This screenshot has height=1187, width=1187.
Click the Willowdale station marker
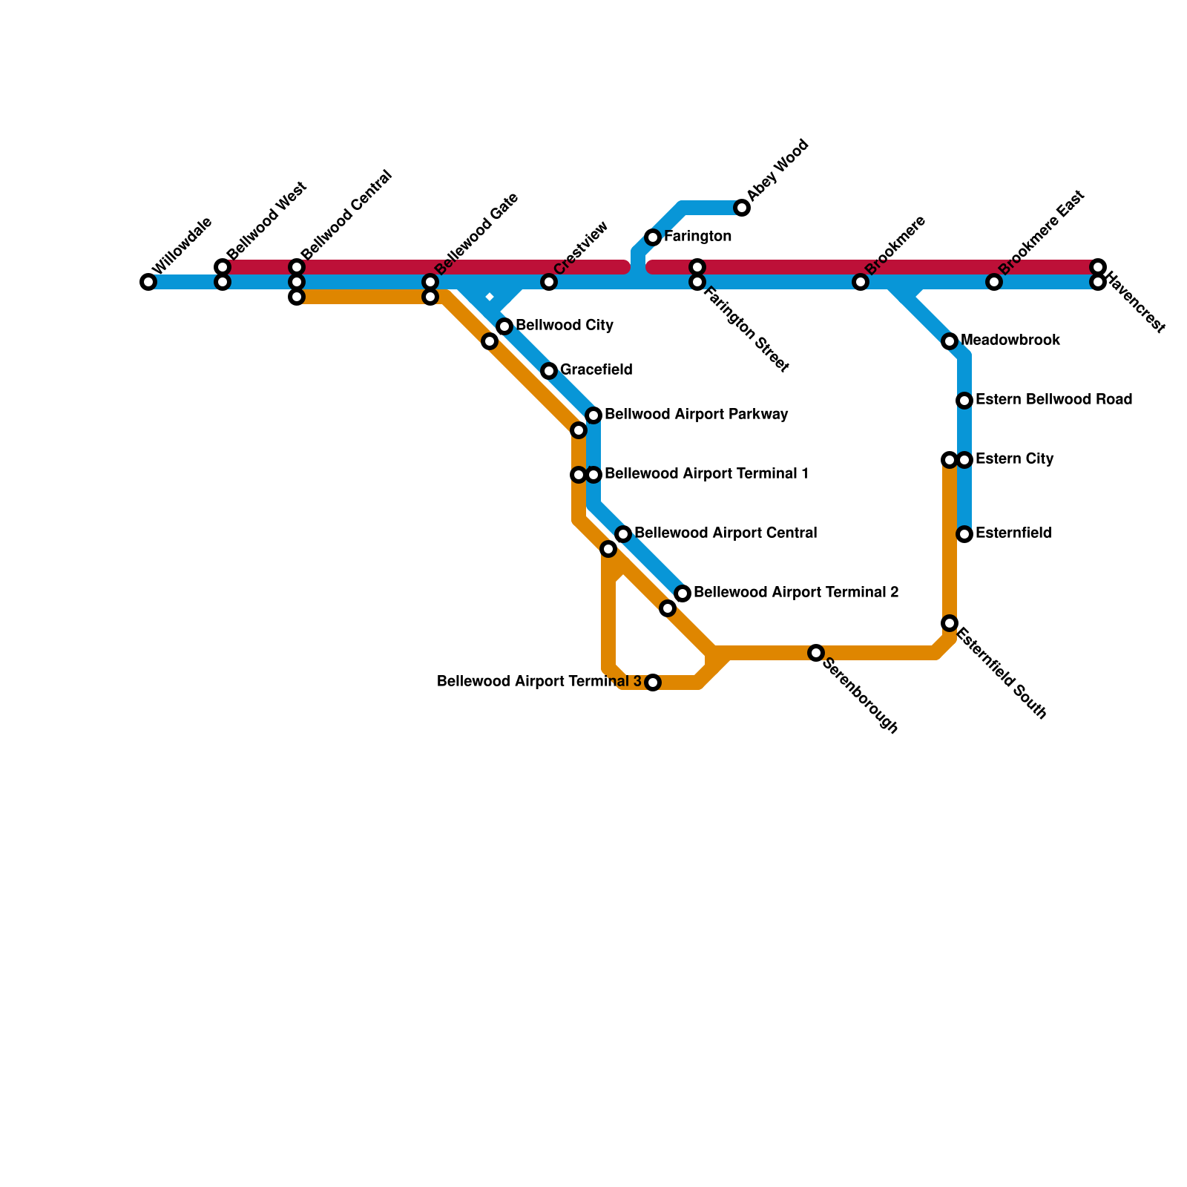(148, 282)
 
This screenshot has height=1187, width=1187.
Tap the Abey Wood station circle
(742, 208)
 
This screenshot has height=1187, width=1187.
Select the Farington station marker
(653, 237)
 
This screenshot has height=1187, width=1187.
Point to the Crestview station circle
(549, 282)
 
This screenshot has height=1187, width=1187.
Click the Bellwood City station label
(564, 326)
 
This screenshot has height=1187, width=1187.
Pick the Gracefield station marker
(549, 371)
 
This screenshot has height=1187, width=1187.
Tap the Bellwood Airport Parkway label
(696, 415)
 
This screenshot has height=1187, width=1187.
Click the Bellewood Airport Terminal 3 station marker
(653, 683)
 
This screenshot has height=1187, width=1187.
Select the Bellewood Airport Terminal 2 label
(796, 593)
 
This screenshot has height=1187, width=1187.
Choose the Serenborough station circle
(816, 653)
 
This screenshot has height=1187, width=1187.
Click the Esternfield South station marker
(950, 623)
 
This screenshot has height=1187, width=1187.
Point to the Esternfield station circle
(964, 534)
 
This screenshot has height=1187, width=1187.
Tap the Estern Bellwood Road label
(1053, 400)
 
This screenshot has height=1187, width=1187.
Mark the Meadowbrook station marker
(950, 341)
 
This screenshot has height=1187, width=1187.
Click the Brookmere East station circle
(994, 282)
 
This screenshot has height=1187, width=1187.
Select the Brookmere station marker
(861, 282)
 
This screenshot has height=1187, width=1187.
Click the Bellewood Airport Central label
(726, 533)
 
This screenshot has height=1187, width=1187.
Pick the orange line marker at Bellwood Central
(297, 297)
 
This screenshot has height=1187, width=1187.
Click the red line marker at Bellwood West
(223, 267)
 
